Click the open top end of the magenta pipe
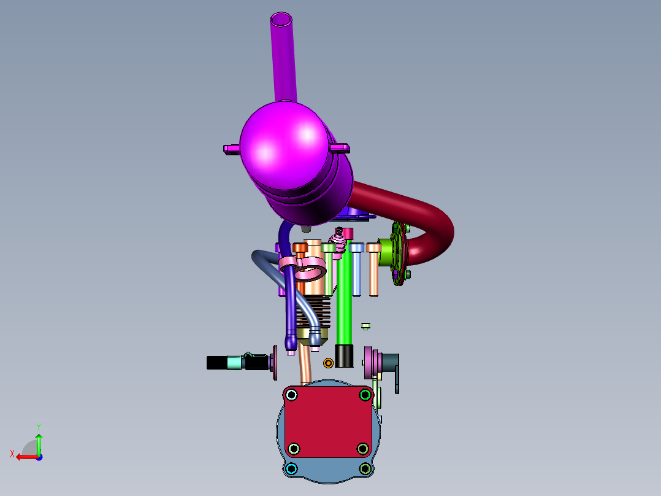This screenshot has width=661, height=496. click(281, 20)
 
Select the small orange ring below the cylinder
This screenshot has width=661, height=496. click(328, 363)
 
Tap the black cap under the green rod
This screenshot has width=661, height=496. click(344, 356)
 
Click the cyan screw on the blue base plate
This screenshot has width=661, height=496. click(291, 468)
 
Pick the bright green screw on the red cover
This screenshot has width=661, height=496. click(365, 395)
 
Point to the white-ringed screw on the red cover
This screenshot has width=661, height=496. click(291, 395)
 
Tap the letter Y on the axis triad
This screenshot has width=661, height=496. click(39, 427)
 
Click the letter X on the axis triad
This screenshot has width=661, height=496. click(12, 454)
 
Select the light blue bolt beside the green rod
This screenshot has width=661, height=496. click(357, 269)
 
